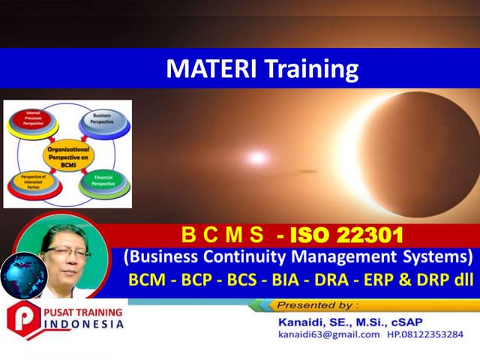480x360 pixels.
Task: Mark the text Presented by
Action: coord(317,305)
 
